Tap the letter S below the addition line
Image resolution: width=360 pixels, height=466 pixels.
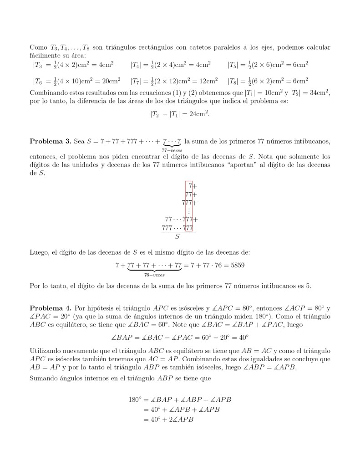(177, 236)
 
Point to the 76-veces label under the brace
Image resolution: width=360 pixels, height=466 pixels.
(154, 275)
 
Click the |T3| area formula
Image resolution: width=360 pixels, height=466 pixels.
(73, 64)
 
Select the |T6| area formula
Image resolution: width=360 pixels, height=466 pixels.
(76, 81)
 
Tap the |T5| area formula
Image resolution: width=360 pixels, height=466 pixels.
(268, 64)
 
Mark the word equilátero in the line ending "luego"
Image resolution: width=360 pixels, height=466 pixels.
(71, 324)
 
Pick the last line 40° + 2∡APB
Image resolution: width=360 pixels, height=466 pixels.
(168, 420)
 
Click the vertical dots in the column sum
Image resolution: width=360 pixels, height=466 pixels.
(189, 210)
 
